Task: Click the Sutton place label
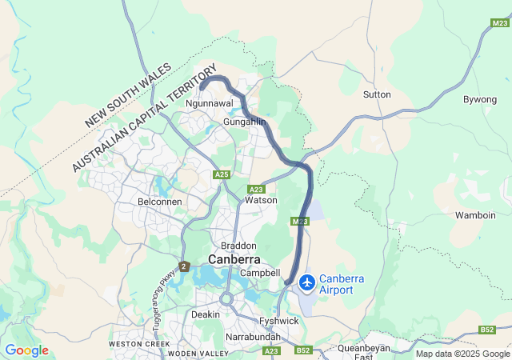click(x=377, y=94)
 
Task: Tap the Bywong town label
click(x=480, y=99)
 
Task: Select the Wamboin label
click(x=476, y=215)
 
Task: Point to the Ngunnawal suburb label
click(x=208, y=104)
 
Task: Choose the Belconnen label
click(x=160, y=202)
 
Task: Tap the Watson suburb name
click(x=261, y=200)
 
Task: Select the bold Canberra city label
click(x=234, y=260)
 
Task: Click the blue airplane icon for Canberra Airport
click(x=306, y=282)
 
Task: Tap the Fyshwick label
click(x=279, y=321)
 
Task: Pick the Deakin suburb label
click(x=206, y=314)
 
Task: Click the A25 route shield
click(x=222, y=174)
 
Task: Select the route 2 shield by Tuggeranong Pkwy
click(x=184, y=266)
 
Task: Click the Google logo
click(x=26, y=350)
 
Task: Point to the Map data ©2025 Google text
click(x=462, y=354)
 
